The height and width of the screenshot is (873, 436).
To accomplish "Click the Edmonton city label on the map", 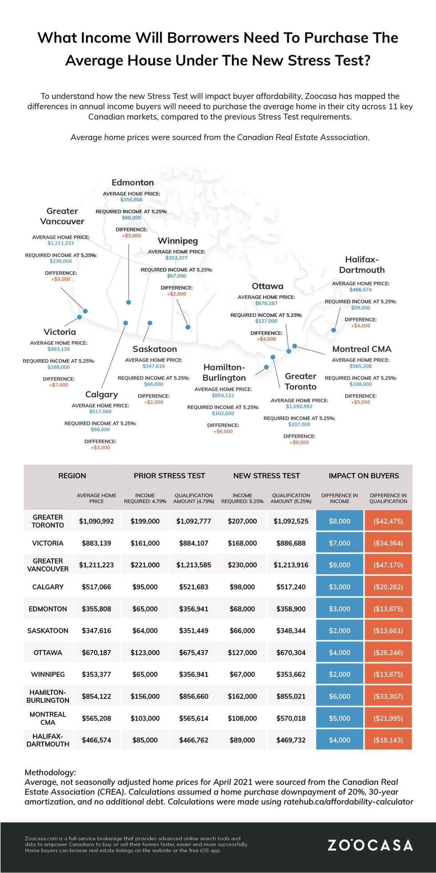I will click(133, 183).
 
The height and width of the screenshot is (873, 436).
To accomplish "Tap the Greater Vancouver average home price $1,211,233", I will click(61, 243).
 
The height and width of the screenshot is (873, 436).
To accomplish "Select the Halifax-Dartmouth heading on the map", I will click(362, 265).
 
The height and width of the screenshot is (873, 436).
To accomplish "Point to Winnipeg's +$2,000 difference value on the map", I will click(177, 294).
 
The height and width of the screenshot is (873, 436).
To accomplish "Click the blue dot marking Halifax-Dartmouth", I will click(334, 330).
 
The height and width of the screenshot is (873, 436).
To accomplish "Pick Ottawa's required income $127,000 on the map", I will click(266, 321).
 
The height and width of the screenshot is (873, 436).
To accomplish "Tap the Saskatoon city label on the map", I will click(154, 349).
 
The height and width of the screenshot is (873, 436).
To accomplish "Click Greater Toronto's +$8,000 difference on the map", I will click(299, 442).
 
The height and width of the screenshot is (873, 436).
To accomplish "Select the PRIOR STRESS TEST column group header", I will click(169, 476).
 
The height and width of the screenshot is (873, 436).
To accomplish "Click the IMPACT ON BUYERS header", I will click(363, 476).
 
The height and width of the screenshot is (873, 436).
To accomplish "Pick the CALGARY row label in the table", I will click(48, 587).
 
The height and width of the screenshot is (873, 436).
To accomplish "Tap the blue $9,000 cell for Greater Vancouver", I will click(339, 565).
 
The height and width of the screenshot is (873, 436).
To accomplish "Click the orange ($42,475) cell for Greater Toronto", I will click(388, 521).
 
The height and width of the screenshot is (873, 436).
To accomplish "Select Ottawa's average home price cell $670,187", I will click(96, 653).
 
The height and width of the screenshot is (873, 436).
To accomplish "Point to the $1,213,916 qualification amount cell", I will click(291, 565).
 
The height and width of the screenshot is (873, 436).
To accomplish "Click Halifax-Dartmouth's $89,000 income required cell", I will click(242, 740).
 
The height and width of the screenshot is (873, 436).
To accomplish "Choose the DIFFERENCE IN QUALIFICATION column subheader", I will click(388, 498).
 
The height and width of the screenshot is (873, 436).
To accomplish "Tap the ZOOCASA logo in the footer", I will click(370, 845).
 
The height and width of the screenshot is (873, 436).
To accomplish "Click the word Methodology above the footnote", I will click(50, 772).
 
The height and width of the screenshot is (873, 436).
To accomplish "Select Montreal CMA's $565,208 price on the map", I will click(360, 366).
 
